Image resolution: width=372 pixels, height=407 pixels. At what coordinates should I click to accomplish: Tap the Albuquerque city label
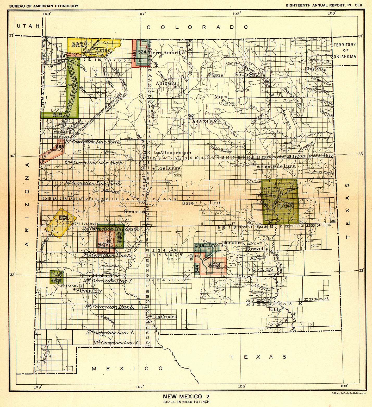point(175,152)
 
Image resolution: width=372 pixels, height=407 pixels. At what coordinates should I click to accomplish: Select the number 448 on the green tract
point(286,206)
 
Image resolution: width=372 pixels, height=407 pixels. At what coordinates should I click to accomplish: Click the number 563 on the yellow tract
point(77,44)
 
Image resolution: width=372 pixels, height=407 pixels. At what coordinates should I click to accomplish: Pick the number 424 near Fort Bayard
point(56,280)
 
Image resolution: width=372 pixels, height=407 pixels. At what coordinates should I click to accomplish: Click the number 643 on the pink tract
point(214,265)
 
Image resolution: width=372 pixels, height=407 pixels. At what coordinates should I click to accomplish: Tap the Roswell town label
point(256,249)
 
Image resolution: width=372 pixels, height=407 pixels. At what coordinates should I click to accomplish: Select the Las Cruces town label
point(165,317)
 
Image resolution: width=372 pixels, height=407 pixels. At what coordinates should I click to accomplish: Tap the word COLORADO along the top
point(197,27)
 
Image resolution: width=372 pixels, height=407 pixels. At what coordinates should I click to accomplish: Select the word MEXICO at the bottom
point(127,368)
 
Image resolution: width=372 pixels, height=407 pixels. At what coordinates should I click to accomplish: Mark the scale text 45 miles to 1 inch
point(186,402)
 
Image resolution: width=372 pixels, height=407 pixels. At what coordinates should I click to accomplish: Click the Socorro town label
point(133,211)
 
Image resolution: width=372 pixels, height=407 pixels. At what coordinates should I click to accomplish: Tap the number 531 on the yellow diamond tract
point(63,218)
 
